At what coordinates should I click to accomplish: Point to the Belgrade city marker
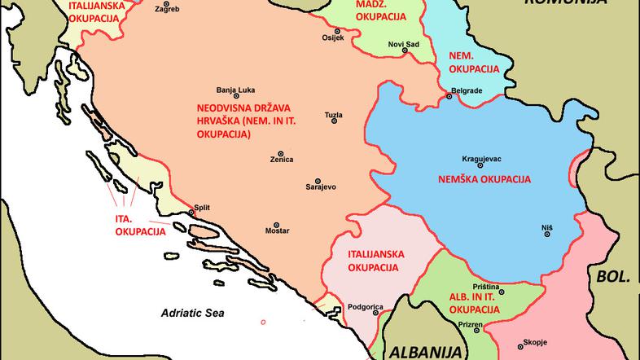point(449,97)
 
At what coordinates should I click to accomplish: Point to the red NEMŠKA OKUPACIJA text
point(484,178)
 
